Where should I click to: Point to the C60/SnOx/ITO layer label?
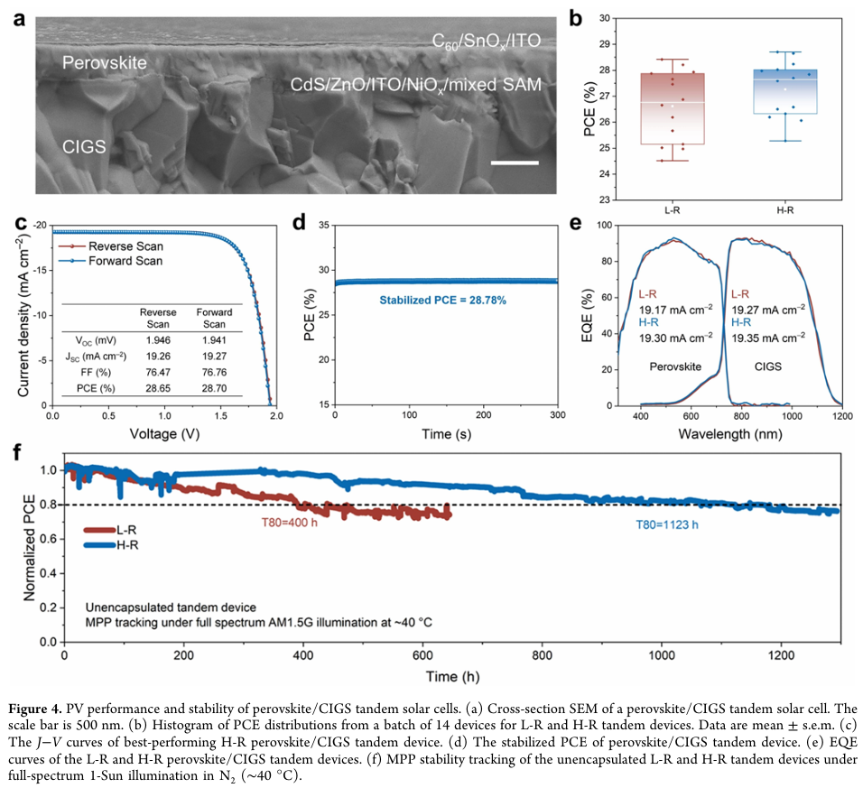487,42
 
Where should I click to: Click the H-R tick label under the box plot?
785,209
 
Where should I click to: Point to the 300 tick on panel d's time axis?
557,413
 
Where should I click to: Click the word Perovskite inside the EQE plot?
670,367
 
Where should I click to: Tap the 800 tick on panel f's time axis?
542,653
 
